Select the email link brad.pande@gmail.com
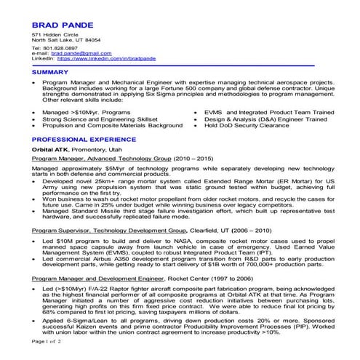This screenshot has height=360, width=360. [81, 53]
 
